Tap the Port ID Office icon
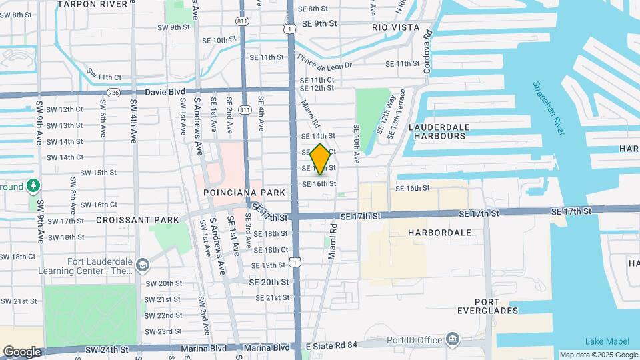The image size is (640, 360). coord(453,339)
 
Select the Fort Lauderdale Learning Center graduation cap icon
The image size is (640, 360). coord(142,266)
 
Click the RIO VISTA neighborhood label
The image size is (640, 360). coord(396,27)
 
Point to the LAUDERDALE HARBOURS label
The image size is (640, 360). coord(439,131)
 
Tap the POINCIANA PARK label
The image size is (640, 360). coord(245,193)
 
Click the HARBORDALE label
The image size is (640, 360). coord(439,233)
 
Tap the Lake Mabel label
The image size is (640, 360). coord(601,341)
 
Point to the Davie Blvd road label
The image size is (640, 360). coord(166,91)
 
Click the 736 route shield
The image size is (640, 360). coord(113,93)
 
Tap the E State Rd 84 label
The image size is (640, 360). coord(332,345)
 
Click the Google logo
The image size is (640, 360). coord(22,351)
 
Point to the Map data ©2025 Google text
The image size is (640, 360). coord(598,355)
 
